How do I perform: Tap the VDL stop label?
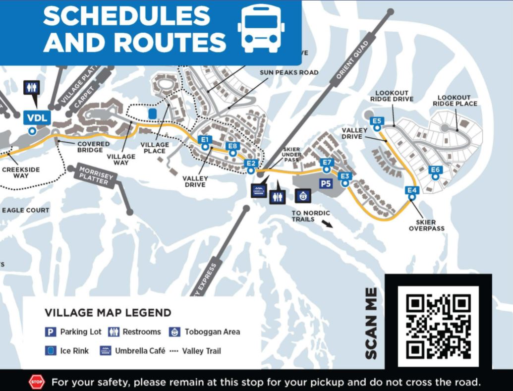point(36,118)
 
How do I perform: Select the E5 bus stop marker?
point(377,121)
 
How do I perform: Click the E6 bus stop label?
point(435,170)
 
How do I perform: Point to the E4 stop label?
point(411,190)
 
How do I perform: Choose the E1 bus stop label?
point(205,140)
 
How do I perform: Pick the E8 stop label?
point(232,146)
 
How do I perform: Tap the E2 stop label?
point(251,164)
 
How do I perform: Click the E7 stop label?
point(327,162)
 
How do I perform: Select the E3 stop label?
point(345,176)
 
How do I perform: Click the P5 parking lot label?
point(325,184)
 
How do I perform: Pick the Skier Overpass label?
point(426,225)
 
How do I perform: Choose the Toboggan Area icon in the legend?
point(174,332)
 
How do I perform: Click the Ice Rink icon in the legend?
point(50,351)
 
